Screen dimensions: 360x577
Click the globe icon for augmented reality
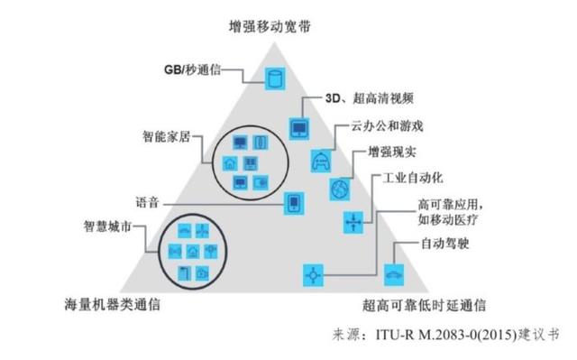point(339,190)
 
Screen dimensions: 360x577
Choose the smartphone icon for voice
point(293,202)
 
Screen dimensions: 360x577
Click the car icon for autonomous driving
point(394,271)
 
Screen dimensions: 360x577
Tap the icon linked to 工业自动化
point(353,220)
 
